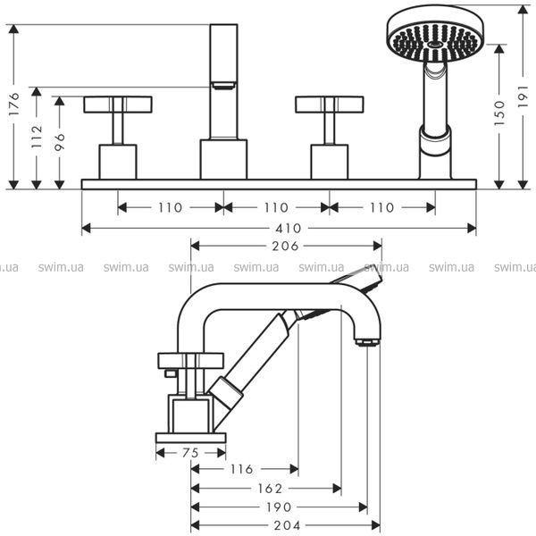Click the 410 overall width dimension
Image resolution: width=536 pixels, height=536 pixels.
point(289,229)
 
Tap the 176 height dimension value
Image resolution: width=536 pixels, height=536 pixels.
point(14,104)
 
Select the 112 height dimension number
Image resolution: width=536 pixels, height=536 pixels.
point(37,137)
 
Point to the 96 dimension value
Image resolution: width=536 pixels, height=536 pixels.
point(60,142)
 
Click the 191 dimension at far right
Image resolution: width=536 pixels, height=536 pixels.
point(523,96)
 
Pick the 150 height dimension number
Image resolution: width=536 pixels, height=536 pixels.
point(499,113)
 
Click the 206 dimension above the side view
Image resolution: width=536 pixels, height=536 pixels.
point(285,247)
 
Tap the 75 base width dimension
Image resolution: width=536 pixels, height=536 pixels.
point(190,453)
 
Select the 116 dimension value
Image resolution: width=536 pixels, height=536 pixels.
point(242,469)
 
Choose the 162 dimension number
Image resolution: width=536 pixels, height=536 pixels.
point(270,488)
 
